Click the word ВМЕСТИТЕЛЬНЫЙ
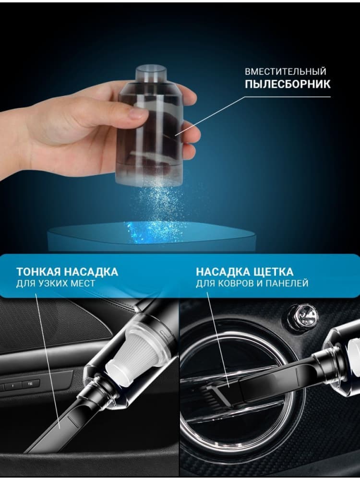click(x=285, y=72)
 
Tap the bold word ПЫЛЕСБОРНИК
click(x=288, y=84)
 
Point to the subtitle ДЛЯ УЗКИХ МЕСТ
click(x=55, y=284)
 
